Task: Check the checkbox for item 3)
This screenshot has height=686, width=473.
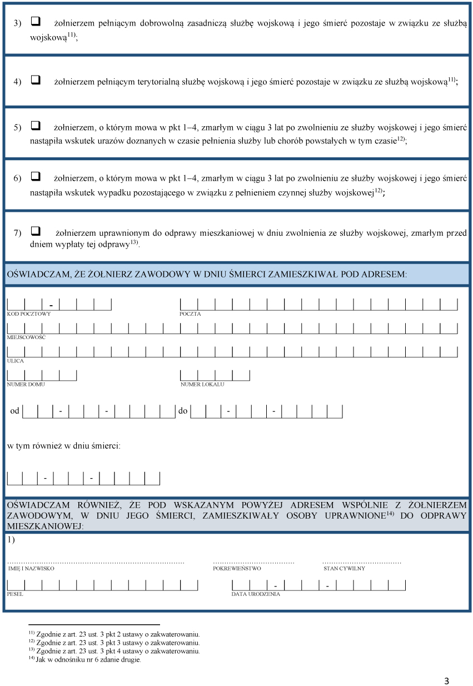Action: click(x=36, y=22)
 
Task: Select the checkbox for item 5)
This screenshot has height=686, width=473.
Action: click(x=36, y=126)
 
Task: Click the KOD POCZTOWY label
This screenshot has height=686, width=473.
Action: click(x=29, y=314)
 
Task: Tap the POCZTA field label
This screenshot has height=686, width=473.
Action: click(x=190, y=314)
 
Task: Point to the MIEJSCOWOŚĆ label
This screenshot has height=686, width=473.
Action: click(x=26, y=337)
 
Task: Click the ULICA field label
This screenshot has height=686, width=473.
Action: click(x=16, y=361)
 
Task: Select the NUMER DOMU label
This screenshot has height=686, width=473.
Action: click(x=26, y=384)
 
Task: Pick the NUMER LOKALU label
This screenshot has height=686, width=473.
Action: click(x=202, y=384)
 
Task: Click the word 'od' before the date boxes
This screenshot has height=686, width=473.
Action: click(x=15, y=411)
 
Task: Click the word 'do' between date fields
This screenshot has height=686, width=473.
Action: click(x=183, y=411)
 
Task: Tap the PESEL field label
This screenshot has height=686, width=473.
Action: click(x=15, y=594)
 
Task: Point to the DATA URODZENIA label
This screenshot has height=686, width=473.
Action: click(x=256, y=594)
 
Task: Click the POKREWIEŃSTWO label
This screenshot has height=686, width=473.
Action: click(x=237, y=569)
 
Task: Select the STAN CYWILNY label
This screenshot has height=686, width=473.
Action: click(x=344, y=569)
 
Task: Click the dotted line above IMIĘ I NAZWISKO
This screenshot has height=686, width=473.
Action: click(x=96, y=563)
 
